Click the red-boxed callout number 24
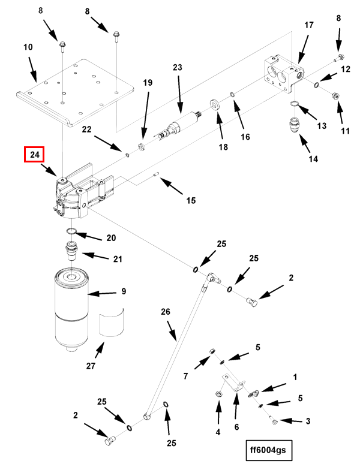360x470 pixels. (34, 155)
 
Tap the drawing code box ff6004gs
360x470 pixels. (269, 450)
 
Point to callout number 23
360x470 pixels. (178, 67)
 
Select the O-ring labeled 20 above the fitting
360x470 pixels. (71, 231)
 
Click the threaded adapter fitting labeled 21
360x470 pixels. (72, 251)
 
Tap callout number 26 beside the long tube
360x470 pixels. (166, 312)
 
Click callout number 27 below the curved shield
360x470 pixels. (91, 366)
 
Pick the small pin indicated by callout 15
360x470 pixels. (156, 174)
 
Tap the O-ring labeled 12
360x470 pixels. (317, 85)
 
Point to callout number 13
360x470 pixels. (322, 126)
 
